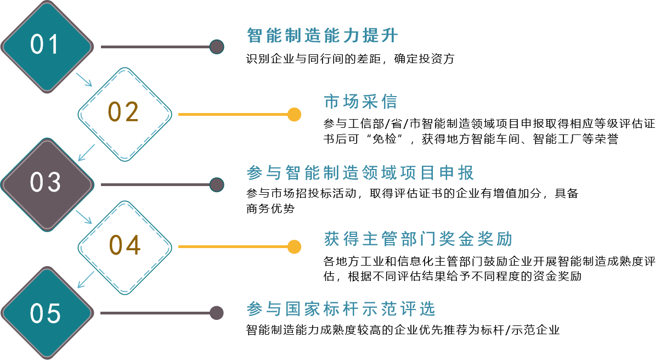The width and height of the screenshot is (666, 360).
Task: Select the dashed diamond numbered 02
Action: tap(125, 114)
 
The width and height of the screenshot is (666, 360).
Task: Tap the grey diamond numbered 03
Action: tap(47, 183)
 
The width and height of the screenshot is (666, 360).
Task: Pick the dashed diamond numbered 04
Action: tap(125, 246)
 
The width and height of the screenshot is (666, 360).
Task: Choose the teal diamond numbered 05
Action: tap(47, 313)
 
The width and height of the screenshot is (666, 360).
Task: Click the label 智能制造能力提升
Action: tap(323, 36)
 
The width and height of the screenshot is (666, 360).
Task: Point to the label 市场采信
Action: tap(360, 102)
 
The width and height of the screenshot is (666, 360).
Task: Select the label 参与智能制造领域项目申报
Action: tap(360, 173)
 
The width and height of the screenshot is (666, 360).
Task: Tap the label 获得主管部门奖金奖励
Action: tap(418, 240)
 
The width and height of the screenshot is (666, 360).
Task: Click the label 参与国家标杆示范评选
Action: tap(341, 310)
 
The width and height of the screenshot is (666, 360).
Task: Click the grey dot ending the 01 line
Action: tap(217, 47)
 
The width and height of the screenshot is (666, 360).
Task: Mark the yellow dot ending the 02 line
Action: tap(295, 114)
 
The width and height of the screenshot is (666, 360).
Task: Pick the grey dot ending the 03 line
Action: tap(217, 184)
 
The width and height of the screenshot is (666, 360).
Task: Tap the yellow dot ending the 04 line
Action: tap(295, 246)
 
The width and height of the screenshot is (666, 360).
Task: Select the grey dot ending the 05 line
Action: tap(217, 313)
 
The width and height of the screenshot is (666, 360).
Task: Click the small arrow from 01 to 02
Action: tap(84, 80)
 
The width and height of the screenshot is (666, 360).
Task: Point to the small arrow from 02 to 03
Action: tap(86, 153)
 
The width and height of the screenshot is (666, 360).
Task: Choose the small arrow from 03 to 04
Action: tap(84, 217)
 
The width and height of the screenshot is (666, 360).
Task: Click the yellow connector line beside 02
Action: tap(233, 115)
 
